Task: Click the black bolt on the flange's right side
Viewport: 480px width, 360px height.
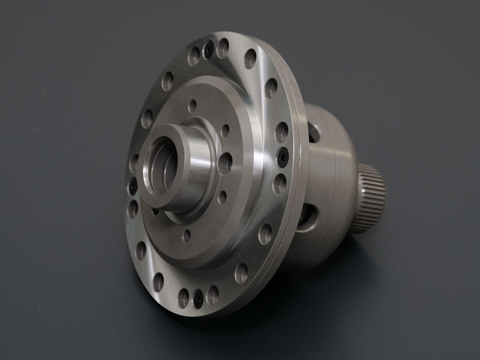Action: point(283,157)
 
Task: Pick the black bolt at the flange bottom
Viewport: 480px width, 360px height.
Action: point(198,298)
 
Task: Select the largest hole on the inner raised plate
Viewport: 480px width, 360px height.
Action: point(226,163)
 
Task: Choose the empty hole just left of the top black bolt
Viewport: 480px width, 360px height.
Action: point(194,56)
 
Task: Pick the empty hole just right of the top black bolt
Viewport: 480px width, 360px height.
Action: point(224,48)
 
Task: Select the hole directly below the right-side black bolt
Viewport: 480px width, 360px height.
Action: point(279,183)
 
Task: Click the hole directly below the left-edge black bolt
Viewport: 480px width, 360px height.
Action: point(133,209)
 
